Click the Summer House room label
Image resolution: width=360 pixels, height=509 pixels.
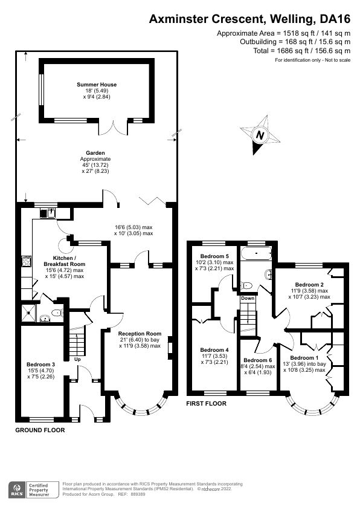(97, 85)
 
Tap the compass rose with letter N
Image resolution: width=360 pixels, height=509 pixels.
(260, 135)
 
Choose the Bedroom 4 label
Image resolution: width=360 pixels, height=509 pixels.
(214, 350)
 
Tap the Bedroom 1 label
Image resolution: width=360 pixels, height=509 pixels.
(309, 358)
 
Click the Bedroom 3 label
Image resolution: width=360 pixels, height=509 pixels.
(41, 365)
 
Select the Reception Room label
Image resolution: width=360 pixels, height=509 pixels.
(140, 334)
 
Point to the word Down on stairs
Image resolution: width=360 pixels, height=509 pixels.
(248, 298)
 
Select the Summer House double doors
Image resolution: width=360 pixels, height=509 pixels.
(114, 128)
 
